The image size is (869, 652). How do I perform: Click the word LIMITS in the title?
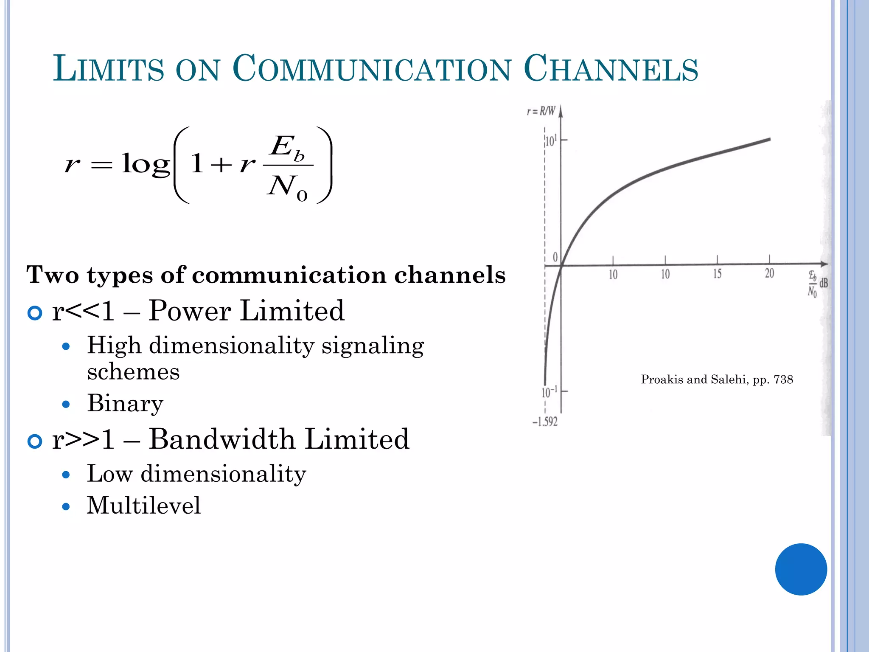coord(108,68)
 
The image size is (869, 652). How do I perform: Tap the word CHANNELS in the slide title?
coord(611,68)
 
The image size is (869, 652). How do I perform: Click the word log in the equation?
coord(146,164)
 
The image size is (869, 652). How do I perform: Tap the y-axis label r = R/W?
coord(541,112)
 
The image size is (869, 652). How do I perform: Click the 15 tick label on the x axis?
coord(717,274)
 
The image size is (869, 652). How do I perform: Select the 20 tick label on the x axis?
coord(769,274)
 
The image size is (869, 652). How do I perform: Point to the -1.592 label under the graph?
coord(545,422)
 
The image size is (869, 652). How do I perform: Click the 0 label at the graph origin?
coord(555,257)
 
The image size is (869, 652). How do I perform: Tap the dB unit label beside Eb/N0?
coord(823,283)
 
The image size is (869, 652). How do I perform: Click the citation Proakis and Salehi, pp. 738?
coord(717,379)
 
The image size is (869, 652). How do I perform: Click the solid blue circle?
coord(801,569)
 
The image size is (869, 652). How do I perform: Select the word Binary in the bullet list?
coord(125,403)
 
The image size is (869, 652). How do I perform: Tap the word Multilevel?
coord(143,506)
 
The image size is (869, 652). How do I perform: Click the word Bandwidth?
coord(222,439)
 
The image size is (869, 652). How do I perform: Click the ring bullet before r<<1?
coord(35,313)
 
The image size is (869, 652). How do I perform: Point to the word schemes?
coord(133,372)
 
